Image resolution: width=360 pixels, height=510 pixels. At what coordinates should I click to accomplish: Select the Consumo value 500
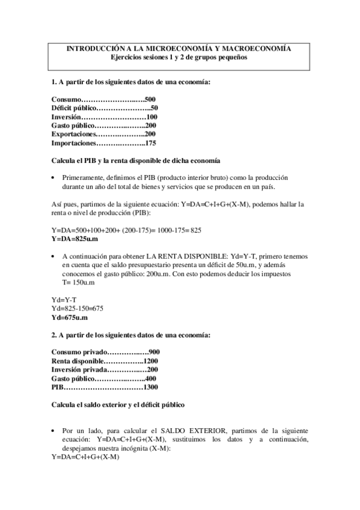click(150, 99)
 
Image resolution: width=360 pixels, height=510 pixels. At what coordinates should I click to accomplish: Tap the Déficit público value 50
click(154, 108)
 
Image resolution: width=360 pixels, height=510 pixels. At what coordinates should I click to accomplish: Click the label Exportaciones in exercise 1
click(74, 135)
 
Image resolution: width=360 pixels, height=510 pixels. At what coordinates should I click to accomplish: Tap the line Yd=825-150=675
click(78, 308)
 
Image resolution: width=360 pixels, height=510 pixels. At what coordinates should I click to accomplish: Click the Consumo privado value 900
click(154, 352)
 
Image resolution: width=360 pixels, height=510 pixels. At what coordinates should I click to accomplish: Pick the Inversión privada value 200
click(153, 369)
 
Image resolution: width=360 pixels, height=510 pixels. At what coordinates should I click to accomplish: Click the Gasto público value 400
click(150, 378)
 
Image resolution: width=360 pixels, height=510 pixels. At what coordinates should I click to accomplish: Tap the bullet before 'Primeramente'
click(55, 178)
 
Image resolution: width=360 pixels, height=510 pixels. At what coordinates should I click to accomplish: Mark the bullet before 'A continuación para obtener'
click(55, 256)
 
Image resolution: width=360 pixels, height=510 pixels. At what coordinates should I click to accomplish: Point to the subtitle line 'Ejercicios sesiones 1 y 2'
click(178, 58)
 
